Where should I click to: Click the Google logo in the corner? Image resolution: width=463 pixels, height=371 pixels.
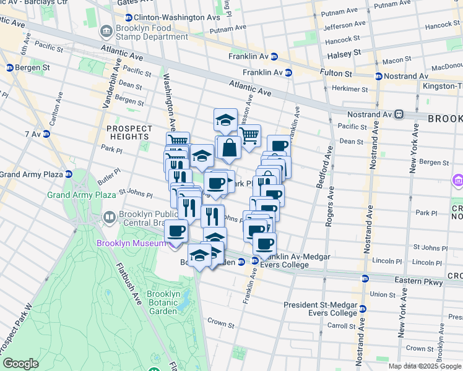pos(20,364)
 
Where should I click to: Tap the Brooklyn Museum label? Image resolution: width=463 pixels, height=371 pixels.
pos(131,243)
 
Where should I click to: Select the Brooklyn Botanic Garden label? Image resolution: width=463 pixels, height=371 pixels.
pos(164,302)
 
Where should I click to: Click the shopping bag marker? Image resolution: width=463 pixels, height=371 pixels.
pos(228,148)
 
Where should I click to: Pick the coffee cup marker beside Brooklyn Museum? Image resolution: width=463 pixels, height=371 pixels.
pos(176,232)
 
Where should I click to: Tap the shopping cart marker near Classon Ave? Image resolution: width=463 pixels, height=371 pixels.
pos(249,135)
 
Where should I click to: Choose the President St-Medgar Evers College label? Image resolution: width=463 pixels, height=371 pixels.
pos(320,309)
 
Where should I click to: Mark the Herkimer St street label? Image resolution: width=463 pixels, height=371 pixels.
pos(351,89)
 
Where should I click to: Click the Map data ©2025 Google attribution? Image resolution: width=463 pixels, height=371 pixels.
pos(425,366)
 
